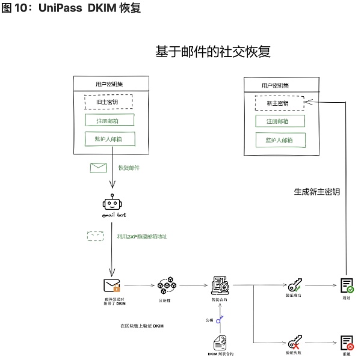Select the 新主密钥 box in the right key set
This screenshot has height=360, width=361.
pos(277,103)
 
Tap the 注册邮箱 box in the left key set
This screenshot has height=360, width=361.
pos(109,120)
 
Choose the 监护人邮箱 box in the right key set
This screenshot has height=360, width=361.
pos(279,140)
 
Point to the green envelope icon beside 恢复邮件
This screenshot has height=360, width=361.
pos(98,168)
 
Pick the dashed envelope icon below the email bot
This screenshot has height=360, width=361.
pos(95,236)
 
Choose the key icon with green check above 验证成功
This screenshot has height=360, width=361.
pos(295,285)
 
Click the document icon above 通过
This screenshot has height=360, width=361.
pos(347,285)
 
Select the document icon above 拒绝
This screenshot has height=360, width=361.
pos(347,343)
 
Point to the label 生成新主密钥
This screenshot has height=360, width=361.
pos(316,192)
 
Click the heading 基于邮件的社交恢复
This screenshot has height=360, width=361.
pos(213,52)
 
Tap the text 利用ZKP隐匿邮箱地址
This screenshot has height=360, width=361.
pos(142,236)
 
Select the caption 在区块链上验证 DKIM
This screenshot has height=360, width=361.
pos(142,326)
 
